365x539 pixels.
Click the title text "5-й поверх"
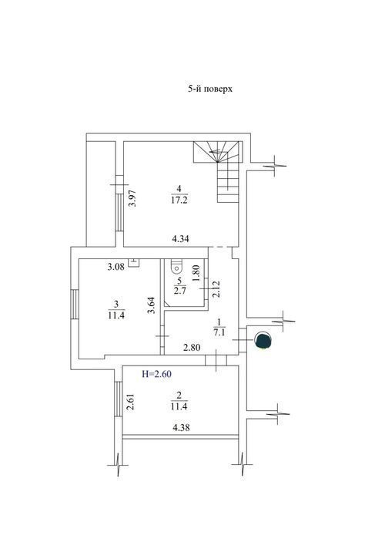click(209, 89)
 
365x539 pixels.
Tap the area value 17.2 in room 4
click(179, 200)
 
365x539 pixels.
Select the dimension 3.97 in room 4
click(132, 198)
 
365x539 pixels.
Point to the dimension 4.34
click(181, 238)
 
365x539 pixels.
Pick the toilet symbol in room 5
click(176, 266)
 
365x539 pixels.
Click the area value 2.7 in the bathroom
click(179, 291)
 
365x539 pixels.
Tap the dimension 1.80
click(196, 273)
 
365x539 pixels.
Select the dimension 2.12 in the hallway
click(216, 289)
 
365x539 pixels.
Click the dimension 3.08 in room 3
click(116, 267)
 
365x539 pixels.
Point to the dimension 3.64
click(152, 305)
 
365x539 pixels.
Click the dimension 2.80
click(192, 348)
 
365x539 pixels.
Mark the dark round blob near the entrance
click(263, 340)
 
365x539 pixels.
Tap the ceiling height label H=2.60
click(156, 374)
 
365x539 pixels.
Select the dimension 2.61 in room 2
click(130, 403)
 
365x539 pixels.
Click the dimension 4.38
click(181, 428)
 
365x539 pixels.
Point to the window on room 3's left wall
click(75, 305)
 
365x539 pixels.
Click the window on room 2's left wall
click(119, 399)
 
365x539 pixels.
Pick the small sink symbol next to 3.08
click(133, 263)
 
